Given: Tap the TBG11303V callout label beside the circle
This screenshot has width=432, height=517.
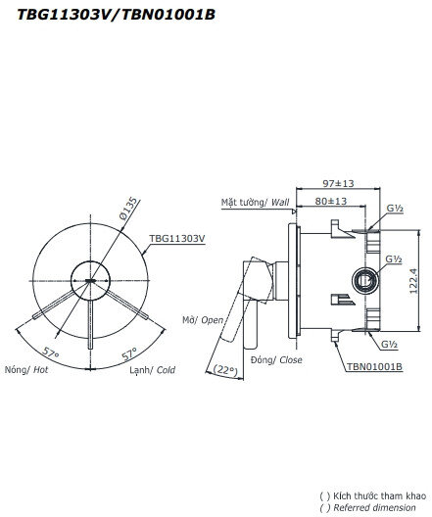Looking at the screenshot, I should (x=177, y=238).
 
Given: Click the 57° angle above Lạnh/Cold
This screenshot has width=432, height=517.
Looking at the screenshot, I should (x=129, y=351).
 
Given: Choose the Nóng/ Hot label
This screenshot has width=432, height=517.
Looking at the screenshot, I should (x=26, y=371).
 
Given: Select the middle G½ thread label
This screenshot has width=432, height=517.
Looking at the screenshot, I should (x=393, y=259).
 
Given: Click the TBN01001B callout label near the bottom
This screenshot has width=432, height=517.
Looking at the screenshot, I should (x=373, y=368).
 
